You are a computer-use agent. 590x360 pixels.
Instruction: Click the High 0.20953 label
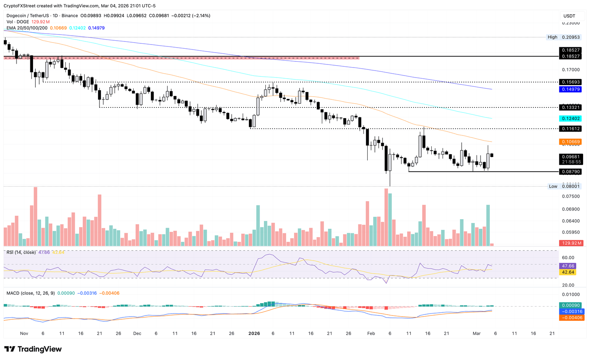[564, 37]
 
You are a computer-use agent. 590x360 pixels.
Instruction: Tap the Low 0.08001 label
[564, 187]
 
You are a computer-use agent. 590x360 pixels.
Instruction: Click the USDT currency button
[569, 16]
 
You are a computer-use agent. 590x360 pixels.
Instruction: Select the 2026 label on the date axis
[254, 334]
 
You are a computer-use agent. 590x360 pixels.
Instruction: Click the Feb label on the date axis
[371, 334]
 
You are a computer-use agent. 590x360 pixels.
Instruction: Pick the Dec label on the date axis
[137, 334]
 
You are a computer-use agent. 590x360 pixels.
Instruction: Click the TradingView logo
[33, 349]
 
